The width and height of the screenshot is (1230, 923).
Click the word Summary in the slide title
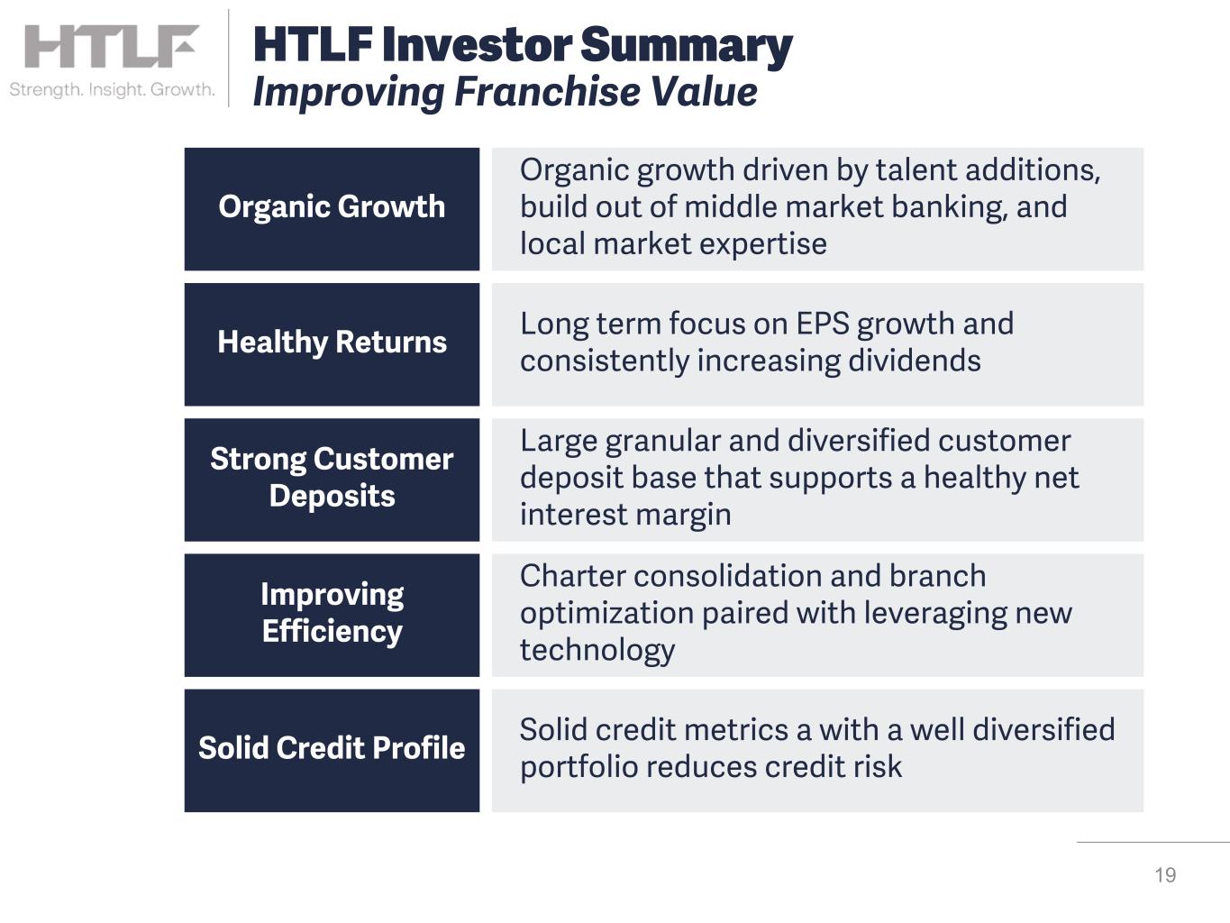click(687, 46)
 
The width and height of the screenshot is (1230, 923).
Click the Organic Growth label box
click(332, 209)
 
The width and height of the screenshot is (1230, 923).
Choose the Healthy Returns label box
click(332, 344)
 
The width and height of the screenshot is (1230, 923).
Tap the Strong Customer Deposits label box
click(332, 480)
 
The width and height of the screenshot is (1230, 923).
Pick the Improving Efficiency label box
click(332, 616)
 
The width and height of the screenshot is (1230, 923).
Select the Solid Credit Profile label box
click(332, 751)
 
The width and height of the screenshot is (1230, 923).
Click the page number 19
click(1165, 875)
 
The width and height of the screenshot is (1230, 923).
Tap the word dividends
click(914, 360)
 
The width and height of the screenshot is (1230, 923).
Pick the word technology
click(597, 651)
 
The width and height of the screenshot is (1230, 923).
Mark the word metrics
click(736, 730)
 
